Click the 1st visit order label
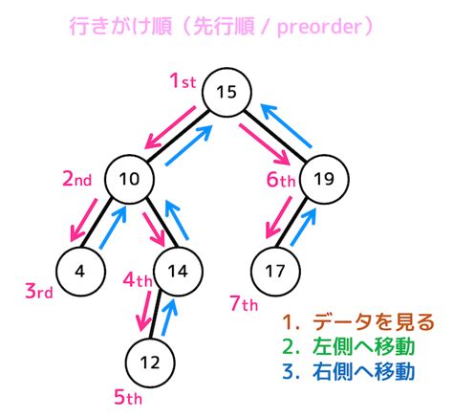[x=183, y=83]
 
